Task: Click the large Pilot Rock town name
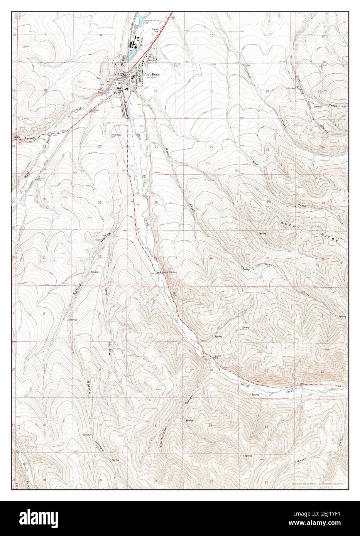tap(151, 76)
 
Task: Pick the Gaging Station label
tap(168, 272)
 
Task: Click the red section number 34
tap(211, 258)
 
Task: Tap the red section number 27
tap(211, 203)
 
